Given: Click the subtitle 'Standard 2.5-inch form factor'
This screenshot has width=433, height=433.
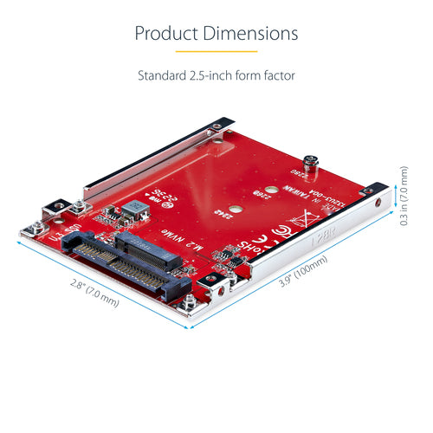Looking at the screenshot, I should [216, 75].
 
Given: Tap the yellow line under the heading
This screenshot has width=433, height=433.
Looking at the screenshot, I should [216, 53].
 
